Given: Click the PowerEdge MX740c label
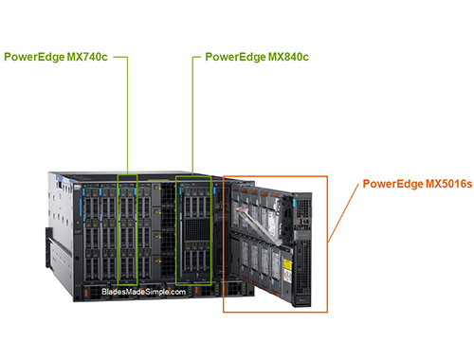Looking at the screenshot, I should (56, 57).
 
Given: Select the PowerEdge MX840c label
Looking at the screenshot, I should (257, 57).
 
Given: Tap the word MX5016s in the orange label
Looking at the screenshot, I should (446, 183).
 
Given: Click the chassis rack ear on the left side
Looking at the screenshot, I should (48, 237).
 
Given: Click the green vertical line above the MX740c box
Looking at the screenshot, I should (127, 114).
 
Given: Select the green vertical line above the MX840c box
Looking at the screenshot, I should (193, 114).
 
